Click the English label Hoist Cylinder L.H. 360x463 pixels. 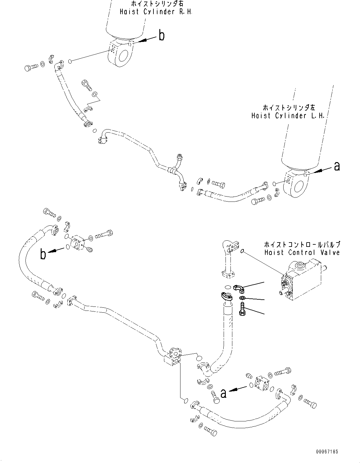point(288,116)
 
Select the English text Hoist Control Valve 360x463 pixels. point(302,252)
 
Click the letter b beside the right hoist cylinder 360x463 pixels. point(162,36)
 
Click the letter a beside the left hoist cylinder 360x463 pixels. point(337,167)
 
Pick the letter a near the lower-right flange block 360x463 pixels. point(223,393)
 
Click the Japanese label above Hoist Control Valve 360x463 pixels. point(302,244)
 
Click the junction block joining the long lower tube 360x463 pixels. point(172,358)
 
